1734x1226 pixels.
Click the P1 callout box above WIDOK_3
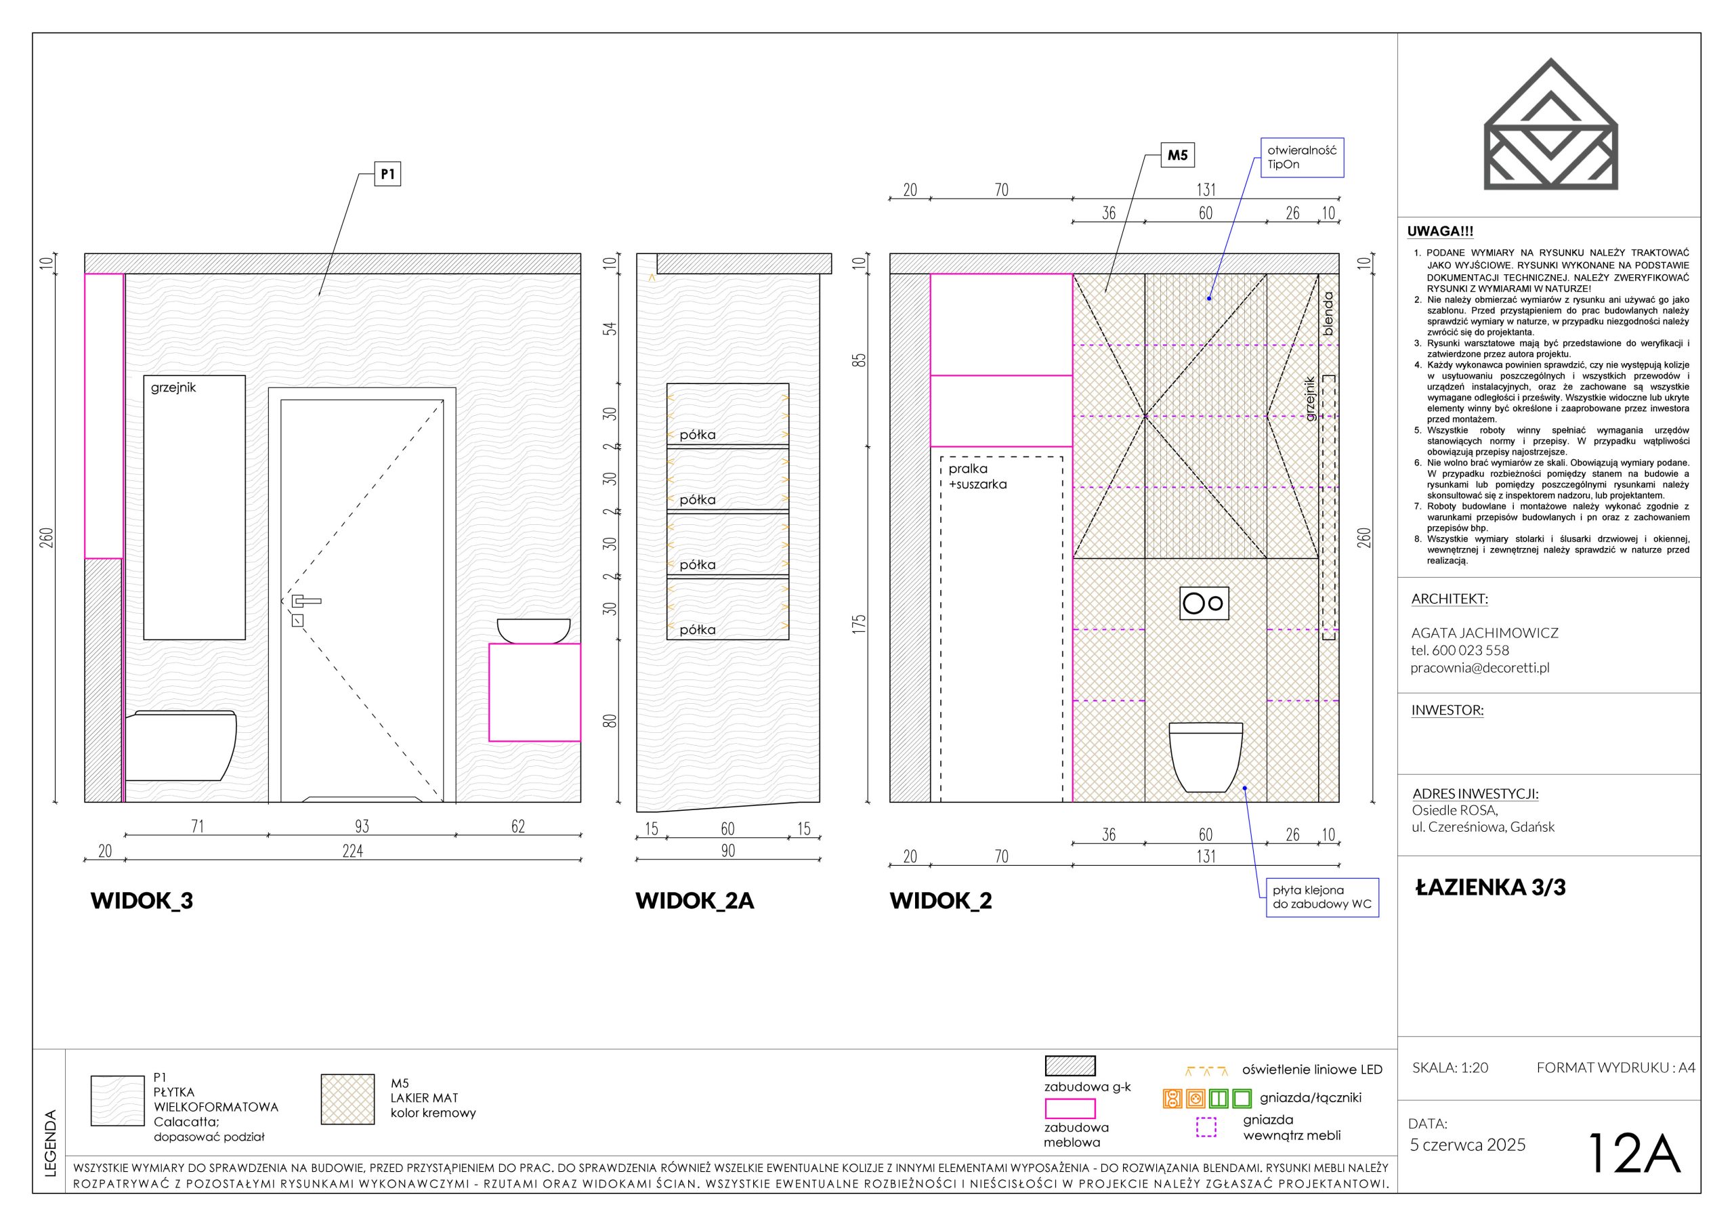[x=387, y=175]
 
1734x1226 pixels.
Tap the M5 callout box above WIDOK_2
[x=1177, y=156]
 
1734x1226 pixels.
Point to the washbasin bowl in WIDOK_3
[x=533, y=631]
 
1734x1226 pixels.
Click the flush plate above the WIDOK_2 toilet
[x=1204, y=604]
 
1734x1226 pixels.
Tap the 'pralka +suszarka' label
[x=977, y=477]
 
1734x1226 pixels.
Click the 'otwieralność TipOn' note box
[x=1302, y=157]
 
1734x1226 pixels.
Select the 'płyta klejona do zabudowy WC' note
[x=1322, y=897]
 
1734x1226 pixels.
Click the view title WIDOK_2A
[x=695, y=900]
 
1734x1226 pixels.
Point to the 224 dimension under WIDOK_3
[x=353, y=851]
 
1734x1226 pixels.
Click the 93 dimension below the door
[x=362, y=826]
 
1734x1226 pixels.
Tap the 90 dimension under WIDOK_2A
[x=728, y=851]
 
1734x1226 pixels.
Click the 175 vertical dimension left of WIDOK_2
[x=860, y=624]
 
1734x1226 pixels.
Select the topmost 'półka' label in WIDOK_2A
[x=697, y=435]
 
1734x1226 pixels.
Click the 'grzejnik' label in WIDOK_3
[x=173, y=387]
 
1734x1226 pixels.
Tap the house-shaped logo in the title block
[x=1551, y=123]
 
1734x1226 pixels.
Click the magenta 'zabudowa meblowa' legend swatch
[x=1070, y=1108]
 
